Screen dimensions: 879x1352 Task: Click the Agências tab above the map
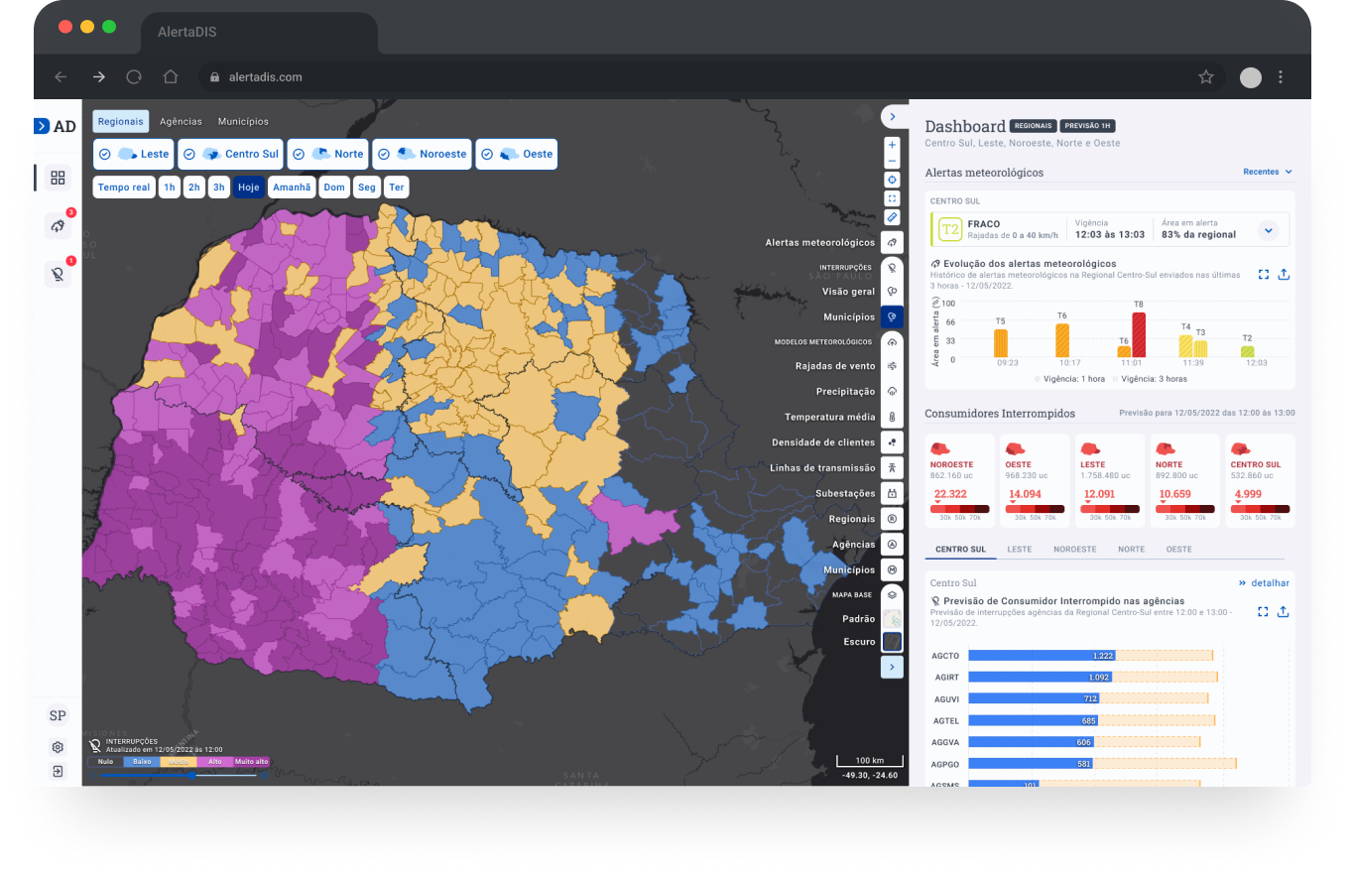(181, 121)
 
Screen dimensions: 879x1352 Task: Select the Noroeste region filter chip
(422, 154)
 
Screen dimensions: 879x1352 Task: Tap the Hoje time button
(249, 187)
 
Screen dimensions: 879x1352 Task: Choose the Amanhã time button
(292, 187)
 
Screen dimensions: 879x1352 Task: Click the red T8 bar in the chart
(1139, 335)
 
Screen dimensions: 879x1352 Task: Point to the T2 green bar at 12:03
(1247, 351)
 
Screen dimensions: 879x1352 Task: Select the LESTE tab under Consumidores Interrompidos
(1019, 549)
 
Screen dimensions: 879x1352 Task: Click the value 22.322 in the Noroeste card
(950, 494)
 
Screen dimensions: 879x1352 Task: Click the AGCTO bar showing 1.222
(1042, 656)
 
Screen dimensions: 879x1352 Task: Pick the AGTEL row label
(946, 720)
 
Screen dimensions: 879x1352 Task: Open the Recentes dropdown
(1267, 172)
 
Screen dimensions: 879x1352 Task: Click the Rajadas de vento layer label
(834, 366)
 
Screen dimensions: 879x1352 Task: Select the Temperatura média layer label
(829, 417)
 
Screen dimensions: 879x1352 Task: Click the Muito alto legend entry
(251, 762)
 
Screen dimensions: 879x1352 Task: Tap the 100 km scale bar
(869, 761)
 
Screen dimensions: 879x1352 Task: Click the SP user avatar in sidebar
(58, 715)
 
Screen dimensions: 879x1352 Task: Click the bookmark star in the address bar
(1205, 76)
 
